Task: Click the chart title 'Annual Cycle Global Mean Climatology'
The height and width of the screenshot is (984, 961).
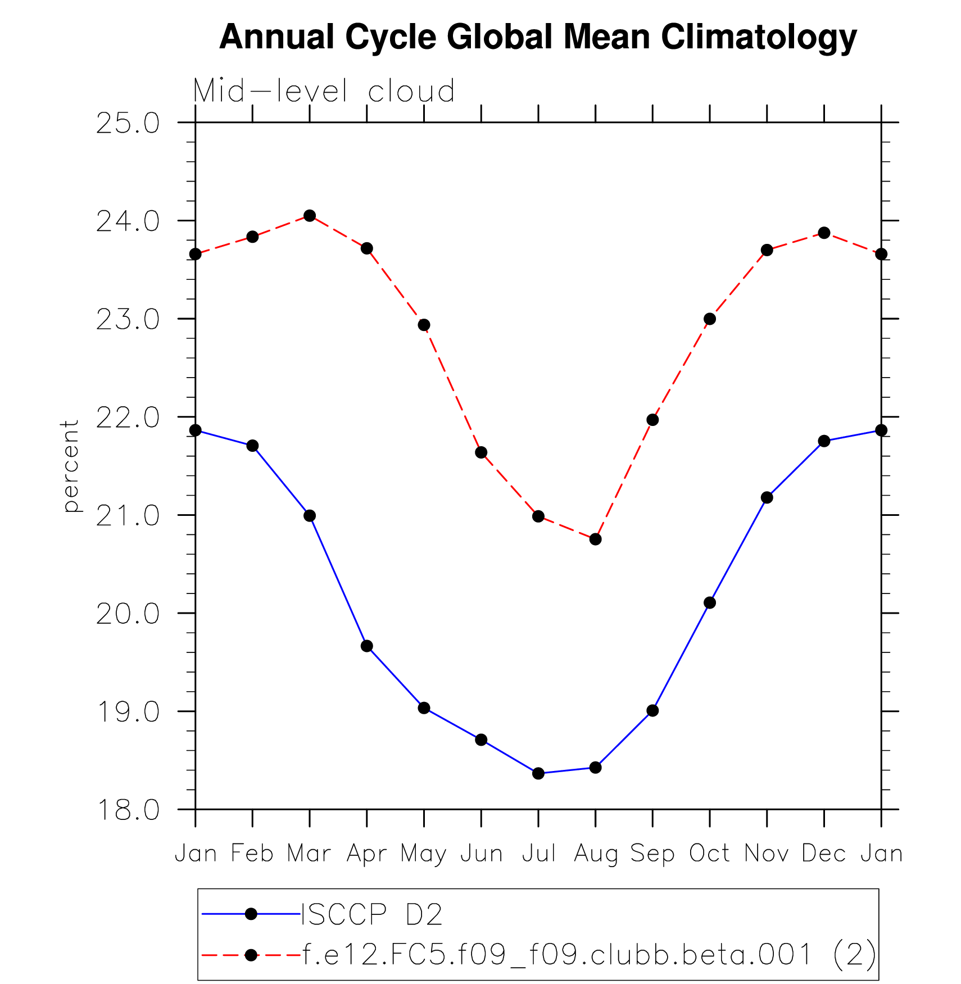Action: click(x=538, y=37)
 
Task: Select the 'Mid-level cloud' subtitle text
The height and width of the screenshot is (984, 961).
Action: click(x=324, y=91)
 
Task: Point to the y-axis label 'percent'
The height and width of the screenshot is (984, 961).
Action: click(x=71, y=466)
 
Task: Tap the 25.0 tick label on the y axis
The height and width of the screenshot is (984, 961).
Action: click(x=128, y=124)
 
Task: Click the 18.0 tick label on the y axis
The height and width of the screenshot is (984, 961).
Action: click(x=128, y=810)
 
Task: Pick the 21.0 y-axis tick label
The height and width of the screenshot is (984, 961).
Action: click(x=128, y=516)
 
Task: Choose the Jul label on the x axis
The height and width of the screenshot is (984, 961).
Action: click(x=538, y=853)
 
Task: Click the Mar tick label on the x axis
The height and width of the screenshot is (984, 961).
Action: click(x=309, y=853)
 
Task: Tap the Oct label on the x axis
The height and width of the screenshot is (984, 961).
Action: click(x=709, y=853)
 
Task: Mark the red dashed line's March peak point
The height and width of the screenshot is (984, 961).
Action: click(x=310, y=216)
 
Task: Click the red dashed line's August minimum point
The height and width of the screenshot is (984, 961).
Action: click(x=596, y=539)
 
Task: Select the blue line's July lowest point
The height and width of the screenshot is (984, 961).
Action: click(x=538, y=773)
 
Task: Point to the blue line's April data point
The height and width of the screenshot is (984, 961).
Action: click(x=367, y=646)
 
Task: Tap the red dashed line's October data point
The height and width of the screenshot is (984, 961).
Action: click(x=710, y=319)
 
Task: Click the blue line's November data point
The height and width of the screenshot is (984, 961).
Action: click(x=767, y=498)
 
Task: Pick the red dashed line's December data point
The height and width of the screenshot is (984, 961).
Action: click(x=824, y=233)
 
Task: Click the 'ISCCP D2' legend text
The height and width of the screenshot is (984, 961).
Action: click(x=373, y=915)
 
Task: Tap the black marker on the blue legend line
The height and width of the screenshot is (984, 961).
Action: click(x=251, y=915)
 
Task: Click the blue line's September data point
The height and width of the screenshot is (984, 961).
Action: click(x=652, y=711)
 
